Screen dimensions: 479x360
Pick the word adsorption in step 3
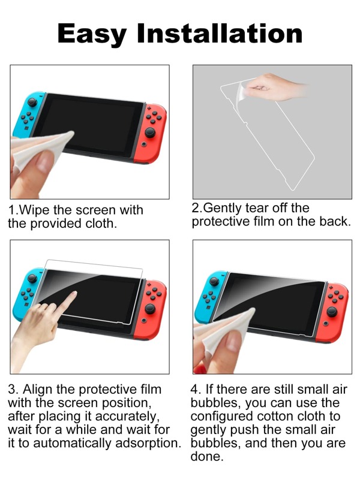[147, 444]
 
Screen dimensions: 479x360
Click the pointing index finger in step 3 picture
[68, 299]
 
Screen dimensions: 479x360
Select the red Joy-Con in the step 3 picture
[153, 306]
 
